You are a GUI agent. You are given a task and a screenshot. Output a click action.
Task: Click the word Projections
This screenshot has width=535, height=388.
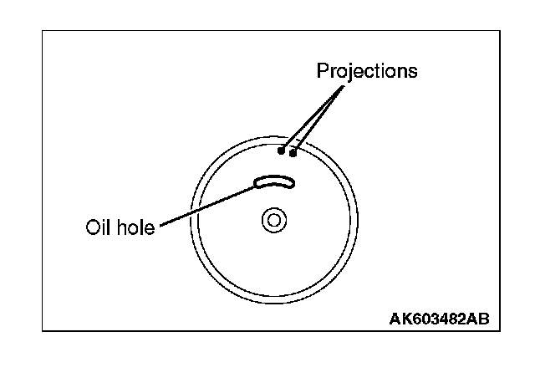tap(366, 70)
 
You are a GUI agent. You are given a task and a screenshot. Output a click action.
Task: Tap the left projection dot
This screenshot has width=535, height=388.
tap(282, 151)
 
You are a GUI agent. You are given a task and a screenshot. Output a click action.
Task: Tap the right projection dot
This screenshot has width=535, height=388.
tap(293, 151)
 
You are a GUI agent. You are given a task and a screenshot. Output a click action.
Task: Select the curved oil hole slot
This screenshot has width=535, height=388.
tap(274, 182)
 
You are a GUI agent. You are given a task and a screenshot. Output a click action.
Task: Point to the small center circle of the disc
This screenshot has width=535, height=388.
tap(273, 220)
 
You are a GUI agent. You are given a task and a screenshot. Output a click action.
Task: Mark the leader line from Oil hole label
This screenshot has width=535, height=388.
tap(205, 206)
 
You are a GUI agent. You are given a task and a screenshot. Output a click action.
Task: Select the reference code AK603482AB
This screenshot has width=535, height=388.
tap(439, 319)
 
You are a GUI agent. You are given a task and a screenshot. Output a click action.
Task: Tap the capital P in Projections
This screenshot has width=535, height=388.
tap(322, 70)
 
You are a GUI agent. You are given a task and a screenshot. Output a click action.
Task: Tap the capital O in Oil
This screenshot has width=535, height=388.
tap(91, 227)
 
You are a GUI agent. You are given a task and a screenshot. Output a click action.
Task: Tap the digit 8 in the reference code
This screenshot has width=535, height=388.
tap(453, 319)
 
